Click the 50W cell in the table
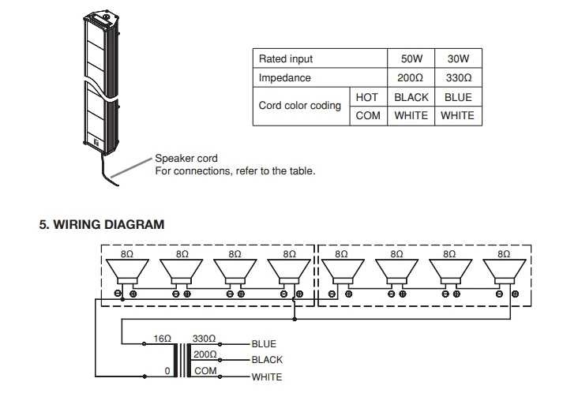tap(411, 58)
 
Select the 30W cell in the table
tap(458, 58)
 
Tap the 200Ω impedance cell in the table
tap(411, 78)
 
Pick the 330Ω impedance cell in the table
tap(458, 78)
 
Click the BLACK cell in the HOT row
tap(411, 97)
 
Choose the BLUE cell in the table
tap(458, 97)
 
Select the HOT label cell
tap(367, 97)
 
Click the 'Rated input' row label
tap(286, 58)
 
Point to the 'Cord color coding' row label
tap(300, 106)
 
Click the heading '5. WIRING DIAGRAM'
tap(102, 224)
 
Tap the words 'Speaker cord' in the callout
tap(186, 159)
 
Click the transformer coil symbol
tap(188, 359)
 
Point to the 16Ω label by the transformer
tap(163, 337)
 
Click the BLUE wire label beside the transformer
tap(265, 345)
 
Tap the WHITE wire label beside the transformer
tap(267, 377)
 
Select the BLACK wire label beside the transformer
tap(267, 360)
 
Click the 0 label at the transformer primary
tap(167, 371)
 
